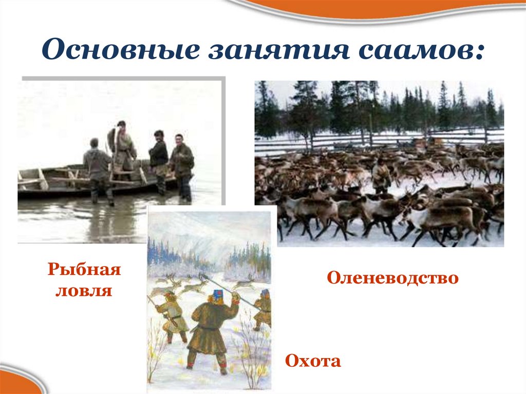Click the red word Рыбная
(x=84, y=270)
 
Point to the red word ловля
(x=84, y=290)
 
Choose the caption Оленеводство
(x=392, y=278)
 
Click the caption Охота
(x=313, y=361)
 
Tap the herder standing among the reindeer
(x=381, y=175)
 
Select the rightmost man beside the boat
(x=182, y=164)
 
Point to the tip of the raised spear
(x=202, y=276)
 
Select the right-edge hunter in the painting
(x=264, y=308)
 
